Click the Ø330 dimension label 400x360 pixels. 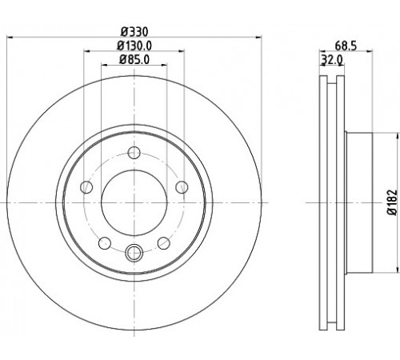(x=134, y=32)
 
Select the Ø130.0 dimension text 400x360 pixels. (x=134, y=46)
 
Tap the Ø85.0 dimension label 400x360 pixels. (x=134, y=59)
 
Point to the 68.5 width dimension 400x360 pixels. (x=346, y=46)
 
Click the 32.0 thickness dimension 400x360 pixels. (x=332, y=60)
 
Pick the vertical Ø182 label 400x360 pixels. (x=392, y=202)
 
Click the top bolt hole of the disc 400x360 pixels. (x=134, y=153)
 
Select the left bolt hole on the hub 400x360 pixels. (x=86, y=187)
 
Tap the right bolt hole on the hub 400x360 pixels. (x=182, y=186)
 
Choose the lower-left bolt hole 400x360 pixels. (x=105, y=243)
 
